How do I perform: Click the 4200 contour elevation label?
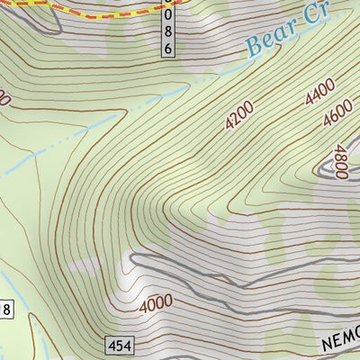click(x=240, y=116)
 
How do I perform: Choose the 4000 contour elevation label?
click(x=156, y=304)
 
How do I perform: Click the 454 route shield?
click(x=118, y=346)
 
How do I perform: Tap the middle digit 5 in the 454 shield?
click(x=118, y=346)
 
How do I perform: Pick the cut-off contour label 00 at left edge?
click(x=4, y=97)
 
